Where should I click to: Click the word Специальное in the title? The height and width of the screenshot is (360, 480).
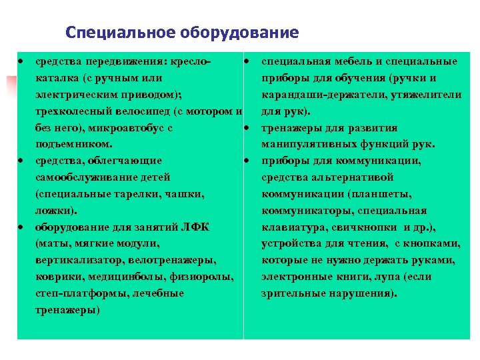(111, 32)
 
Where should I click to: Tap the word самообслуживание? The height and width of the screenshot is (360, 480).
(103, 177)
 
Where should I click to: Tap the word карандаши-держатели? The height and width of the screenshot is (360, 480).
(316, 95)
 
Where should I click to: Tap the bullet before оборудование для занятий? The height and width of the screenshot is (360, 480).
(22, 227)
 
